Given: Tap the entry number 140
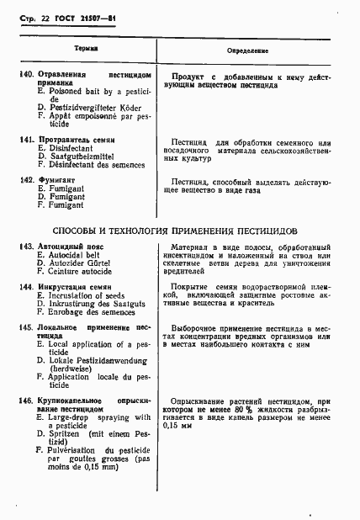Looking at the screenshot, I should point(25,76).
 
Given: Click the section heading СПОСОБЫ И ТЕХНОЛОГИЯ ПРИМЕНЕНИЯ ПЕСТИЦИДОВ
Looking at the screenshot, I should point(175,229).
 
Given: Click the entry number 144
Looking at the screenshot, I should point(25,287).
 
